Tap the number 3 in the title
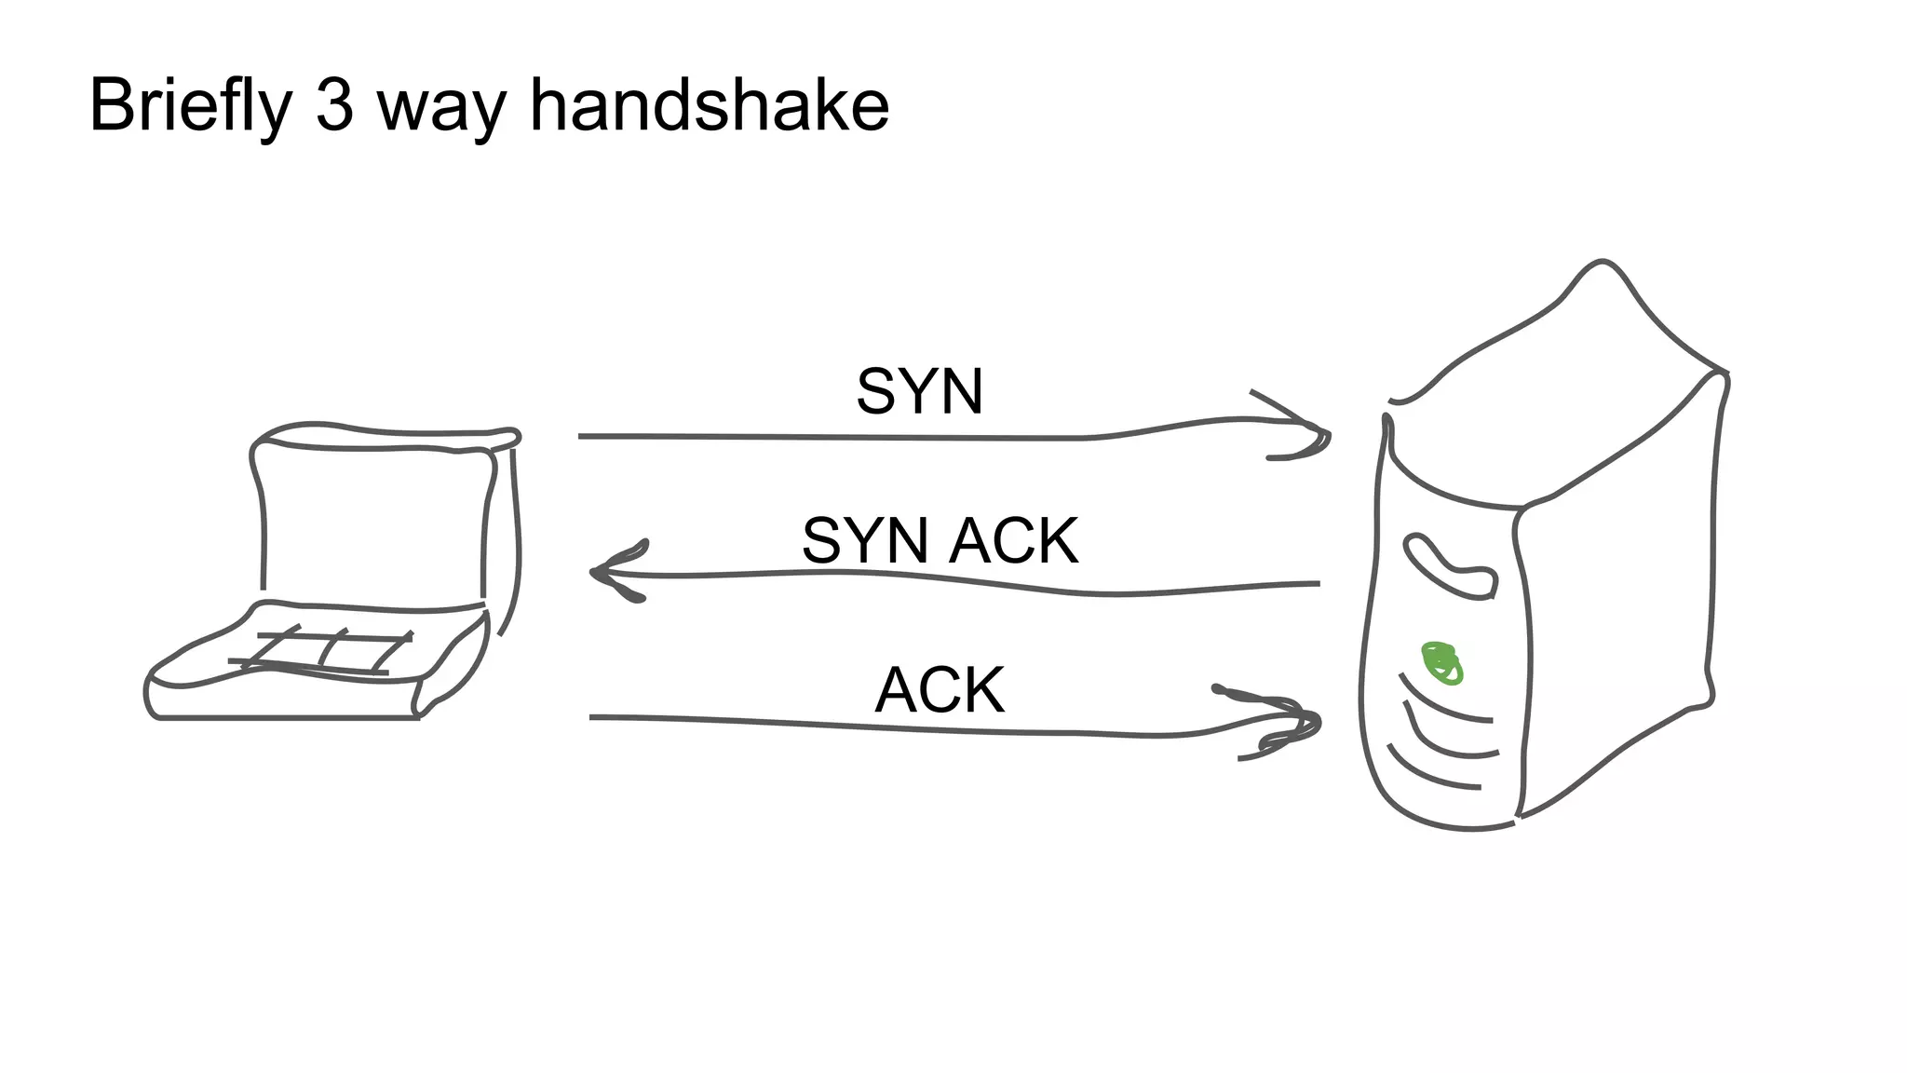click(335, 104)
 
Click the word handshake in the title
click(710, 104)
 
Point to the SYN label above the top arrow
click(919, 392)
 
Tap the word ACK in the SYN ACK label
click(1015, 541)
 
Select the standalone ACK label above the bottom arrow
click(940, 691)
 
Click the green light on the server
click(1441, 662)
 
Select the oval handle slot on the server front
click(1449, 564)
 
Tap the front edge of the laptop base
click(289, 717)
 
